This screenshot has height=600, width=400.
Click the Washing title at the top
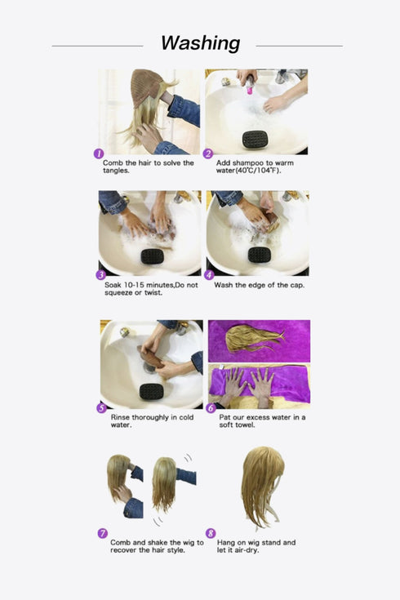click(200, 43)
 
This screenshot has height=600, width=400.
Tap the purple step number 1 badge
click(99, 153)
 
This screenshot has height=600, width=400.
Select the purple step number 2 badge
click(208, 153)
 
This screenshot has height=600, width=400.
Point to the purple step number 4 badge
click(208, 275)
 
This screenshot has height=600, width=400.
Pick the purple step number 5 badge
click(102, 407)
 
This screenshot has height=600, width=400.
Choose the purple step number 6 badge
click(211, 407)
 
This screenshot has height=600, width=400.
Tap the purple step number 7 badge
click(102, 533)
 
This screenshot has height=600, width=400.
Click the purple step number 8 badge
click(211, 533)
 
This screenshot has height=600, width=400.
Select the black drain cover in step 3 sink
click(152, 256)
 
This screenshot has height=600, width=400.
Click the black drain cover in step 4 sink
click(259, 255)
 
